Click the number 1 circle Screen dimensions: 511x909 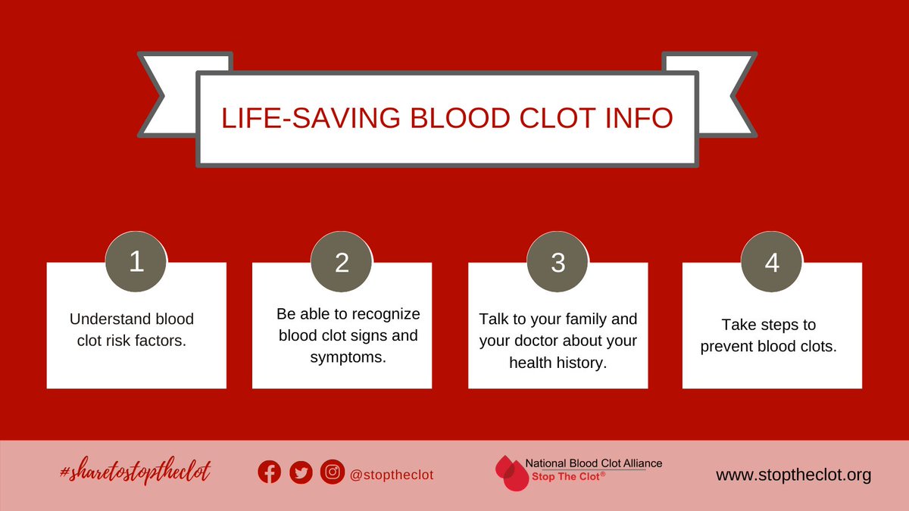(136, 263)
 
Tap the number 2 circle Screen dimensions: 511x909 (342, 263)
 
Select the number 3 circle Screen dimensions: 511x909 (558, 263)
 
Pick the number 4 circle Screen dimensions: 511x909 (772, 263)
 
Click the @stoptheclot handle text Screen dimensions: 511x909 (391, 475)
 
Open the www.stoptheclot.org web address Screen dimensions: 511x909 (794, 475)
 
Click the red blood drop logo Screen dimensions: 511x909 (509, 473)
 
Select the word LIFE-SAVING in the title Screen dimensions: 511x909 (294, 119)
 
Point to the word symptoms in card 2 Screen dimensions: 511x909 (348, 357)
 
